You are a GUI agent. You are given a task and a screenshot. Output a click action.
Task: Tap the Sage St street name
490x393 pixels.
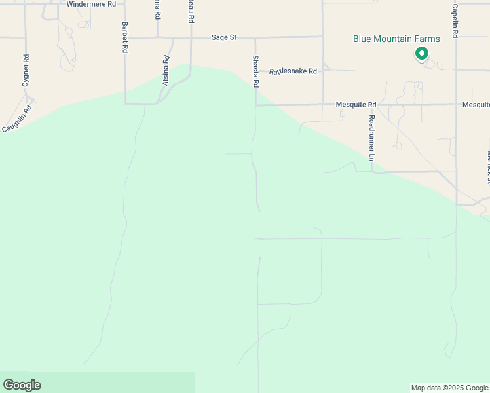[223, 37]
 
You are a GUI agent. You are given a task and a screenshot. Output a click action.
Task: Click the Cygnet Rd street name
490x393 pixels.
[26, 71]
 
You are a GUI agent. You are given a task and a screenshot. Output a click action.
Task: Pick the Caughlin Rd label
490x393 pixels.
[16, 119]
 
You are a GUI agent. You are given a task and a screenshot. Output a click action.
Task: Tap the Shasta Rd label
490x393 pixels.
[255, 71]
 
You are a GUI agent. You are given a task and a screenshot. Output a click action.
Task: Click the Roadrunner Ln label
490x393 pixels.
[371, 138]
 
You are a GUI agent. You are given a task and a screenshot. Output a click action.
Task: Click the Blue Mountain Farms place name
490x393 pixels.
[396, 39]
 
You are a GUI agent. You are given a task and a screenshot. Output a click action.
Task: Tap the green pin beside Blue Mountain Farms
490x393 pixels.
[422, 53]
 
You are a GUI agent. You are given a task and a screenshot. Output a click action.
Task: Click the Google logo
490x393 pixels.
[22, 385]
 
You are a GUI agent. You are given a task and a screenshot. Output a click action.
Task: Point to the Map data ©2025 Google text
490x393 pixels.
[449, 388]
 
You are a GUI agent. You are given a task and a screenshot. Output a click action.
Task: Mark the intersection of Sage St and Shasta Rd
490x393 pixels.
[255, 37]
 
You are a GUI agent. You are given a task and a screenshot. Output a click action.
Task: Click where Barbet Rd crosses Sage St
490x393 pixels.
[124, 37]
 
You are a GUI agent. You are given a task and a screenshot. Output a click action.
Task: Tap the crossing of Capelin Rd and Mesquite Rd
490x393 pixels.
[455, 104]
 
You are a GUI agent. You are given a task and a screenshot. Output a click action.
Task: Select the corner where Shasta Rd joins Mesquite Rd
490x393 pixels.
[256, 104]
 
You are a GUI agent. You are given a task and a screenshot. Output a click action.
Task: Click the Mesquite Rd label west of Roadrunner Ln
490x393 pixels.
[356, 104]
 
